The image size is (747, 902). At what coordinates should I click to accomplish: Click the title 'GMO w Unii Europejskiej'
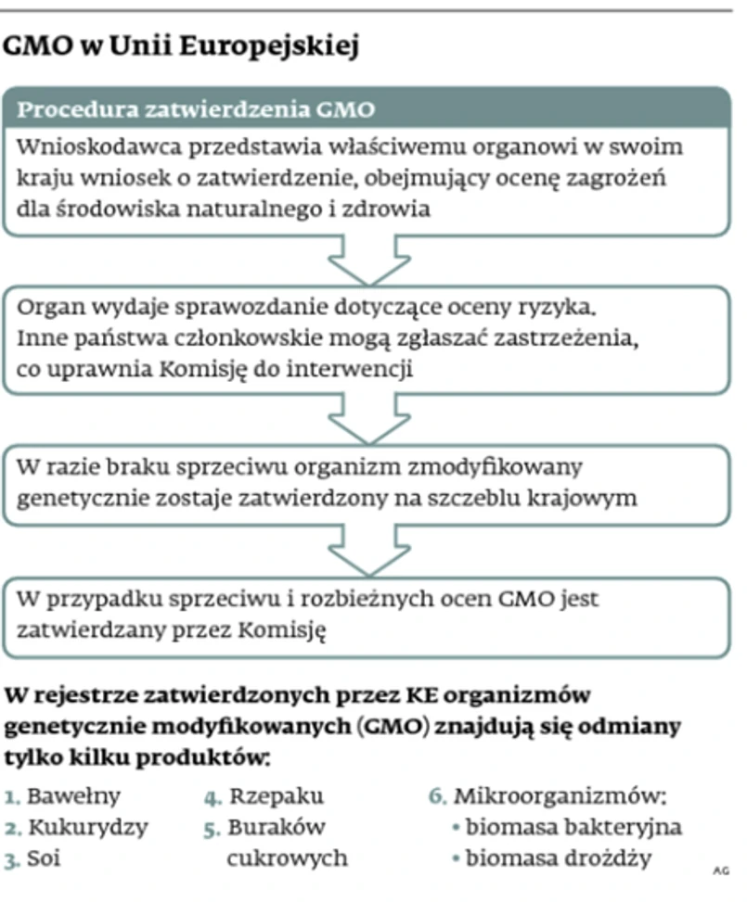(x=182, y=47)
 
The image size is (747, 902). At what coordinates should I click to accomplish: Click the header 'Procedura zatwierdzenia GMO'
(x=197, y=109)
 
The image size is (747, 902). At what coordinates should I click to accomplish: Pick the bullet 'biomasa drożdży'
(x=558, y=858)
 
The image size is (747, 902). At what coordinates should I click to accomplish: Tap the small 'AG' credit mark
(x=721, y=870)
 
